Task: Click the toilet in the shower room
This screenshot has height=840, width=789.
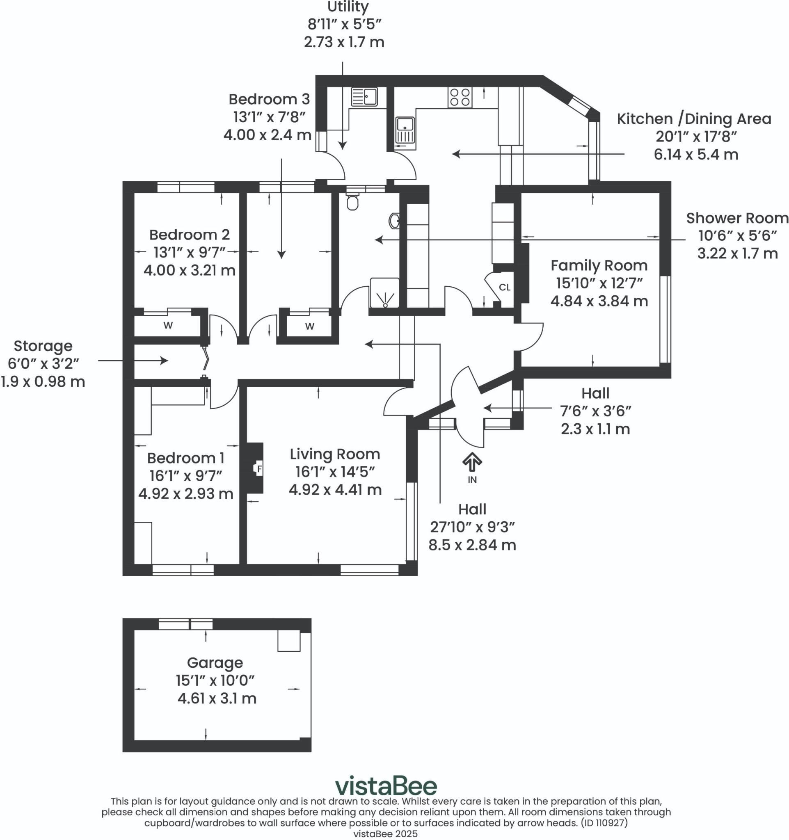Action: [352, 201]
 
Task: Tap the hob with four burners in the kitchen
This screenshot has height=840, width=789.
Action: [460, 97]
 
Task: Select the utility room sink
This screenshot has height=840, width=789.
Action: [364, 97]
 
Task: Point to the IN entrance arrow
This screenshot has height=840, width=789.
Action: [472, 462]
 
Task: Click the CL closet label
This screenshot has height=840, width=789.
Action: [505, 288]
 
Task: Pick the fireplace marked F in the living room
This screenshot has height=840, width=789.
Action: [255, 468]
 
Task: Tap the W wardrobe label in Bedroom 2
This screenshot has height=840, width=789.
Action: [168, 325]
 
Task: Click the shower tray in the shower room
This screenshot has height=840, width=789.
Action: [384, 293]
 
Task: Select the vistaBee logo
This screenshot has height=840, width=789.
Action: [386, 786]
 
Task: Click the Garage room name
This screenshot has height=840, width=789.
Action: [215, 662]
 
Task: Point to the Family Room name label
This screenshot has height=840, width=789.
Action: [599, 265]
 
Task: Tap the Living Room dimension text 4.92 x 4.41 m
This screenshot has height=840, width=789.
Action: [335, 489]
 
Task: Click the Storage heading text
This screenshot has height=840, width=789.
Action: [43, 346]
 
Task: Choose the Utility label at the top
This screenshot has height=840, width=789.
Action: [348, 7]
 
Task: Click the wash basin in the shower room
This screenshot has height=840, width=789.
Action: [394, 220]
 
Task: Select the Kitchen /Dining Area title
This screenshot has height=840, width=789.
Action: [694, 119]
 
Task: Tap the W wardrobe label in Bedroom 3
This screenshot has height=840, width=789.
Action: [310, 326]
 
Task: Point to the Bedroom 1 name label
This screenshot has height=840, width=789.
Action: [185, 458]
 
